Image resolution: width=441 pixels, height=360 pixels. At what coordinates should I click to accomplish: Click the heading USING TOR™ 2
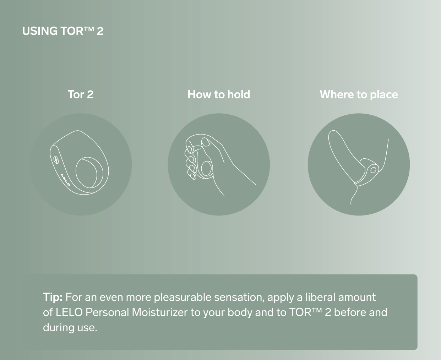(63, 31)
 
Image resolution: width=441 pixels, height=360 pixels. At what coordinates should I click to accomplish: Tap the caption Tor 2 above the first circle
(81, 94)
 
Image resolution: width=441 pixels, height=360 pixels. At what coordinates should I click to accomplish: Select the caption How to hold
(219, 94)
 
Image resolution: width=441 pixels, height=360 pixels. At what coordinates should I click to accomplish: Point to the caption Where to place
(359, 95)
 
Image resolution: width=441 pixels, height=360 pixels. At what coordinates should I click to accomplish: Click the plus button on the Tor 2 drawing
(56, 160)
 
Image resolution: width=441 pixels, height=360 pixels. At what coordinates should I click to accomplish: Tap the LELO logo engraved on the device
(65, 180)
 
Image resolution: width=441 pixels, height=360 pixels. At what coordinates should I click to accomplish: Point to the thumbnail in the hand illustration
(205, 142)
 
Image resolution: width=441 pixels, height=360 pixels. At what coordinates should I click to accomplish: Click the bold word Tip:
(53, 297)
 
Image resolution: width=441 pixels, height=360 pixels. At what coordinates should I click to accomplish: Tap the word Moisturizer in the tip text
(160, 312)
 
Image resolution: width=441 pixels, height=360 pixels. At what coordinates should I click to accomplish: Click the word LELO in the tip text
(69, 312)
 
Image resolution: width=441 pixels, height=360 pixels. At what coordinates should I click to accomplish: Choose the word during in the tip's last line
(59, 327)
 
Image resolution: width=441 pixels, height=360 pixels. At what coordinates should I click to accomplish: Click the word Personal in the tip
(107, 312)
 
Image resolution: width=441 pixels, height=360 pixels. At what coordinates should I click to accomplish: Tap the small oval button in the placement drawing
(373, 170)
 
